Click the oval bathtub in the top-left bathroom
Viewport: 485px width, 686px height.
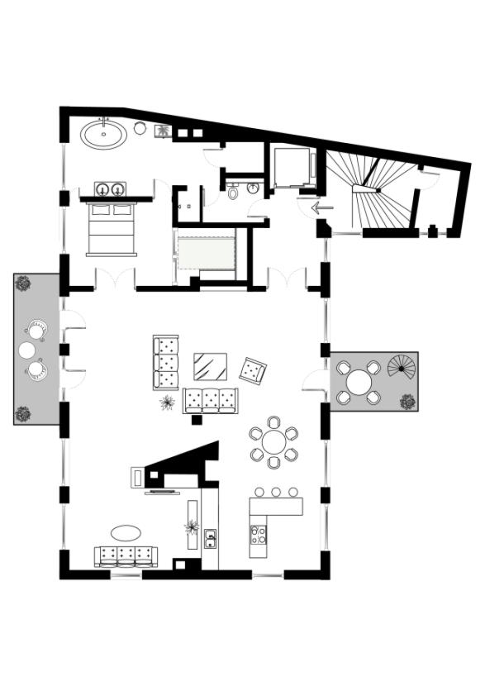click(x=104, y=134)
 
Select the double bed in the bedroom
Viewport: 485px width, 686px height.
click(x=112, y=229)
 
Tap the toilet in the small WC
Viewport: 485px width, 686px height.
click(x=235, y=193)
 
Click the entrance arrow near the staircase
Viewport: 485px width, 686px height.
click(x=322, y=207)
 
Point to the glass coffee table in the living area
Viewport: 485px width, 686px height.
click(x=211, y=365)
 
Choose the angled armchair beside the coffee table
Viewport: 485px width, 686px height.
click(x=253, y=371)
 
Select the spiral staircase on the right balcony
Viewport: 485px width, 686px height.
click(x=403, y=367)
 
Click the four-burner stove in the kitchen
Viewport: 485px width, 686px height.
click(x=259, y=534)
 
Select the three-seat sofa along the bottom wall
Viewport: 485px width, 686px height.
click(x=126, y=555)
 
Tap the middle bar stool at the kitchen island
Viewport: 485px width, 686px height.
click(x=276, y=493)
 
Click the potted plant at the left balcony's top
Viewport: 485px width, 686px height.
click(x=23, y=283)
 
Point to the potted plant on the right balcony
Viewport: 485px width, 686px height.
click(x=407, y=403)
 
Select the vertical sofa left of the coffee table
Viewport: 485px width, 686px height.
click(x=166, y=362)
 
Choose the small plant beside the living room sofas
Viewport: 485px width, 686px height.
click(x=168, y=403)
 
